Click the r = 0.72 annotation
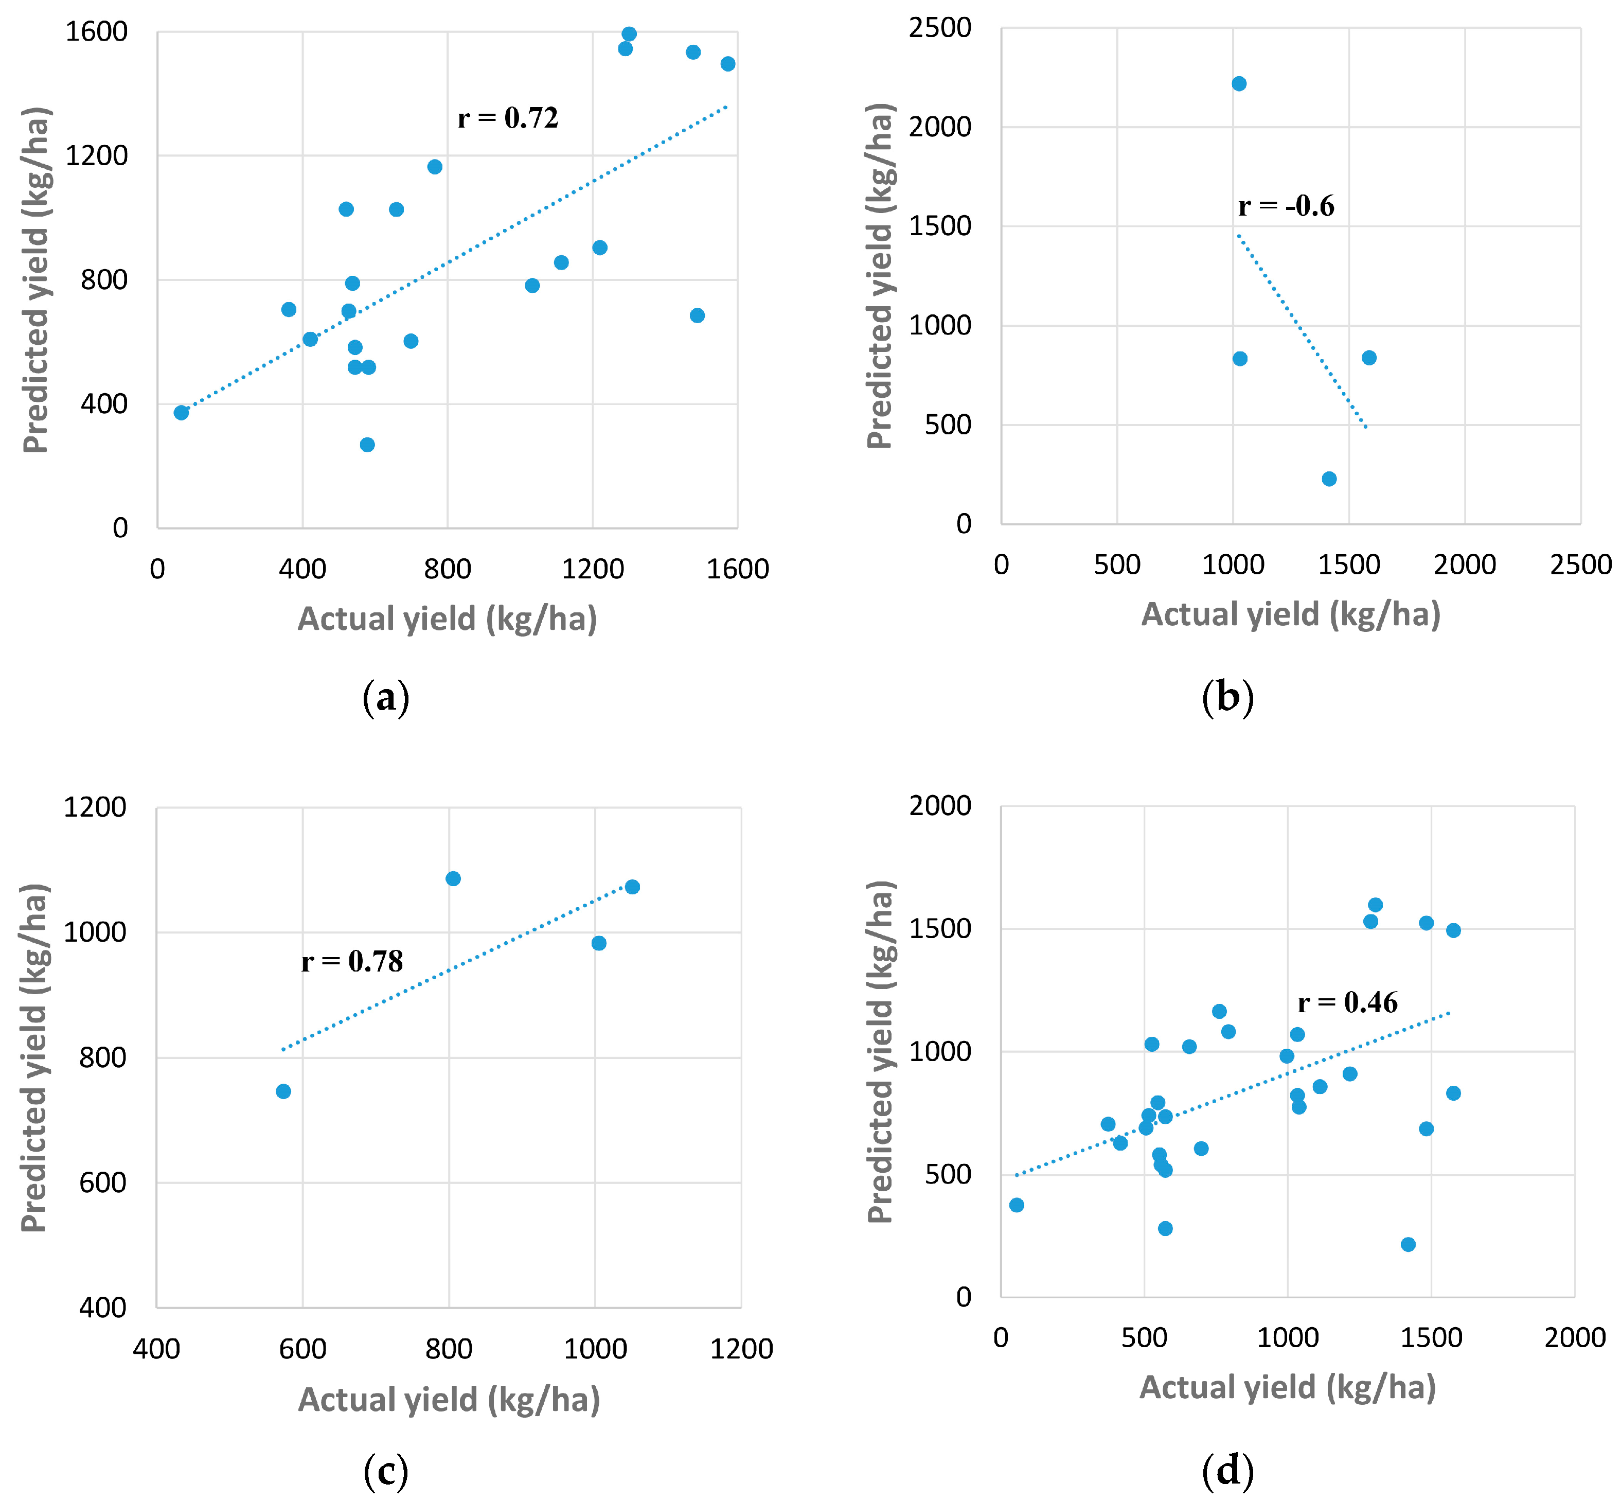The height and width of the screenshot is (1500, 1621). point(508,118)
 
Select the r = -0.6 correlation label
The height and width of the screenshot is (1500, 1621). point(1286,206)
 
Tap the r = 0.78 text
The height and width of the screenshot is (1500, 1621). point(352,962)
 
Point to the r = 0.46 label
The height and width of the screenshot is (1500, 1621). point(1348,1003)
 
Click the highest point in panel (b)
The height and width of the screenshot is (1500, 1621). point(1239,83)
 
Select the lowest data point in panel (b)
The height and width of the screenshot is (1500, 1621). point(1329,479)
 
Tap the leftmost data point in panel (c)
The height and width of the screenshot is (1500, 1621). point(283,1092)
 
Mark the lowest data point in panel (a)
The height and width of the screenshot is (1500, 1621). point(367,445)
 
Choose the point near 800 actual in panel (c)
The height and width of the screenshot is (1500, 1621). point(453,879)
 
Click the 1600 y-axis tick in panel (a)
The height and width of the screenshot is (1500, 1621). point(97,32)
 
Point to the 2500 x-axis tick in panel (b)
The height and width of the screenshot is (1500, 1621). point(1580,565)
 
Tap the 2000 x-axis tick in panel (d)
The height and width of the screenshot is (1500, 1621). point(1575,1338)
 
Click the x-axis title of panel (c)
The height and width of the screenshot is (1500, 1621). point(449,1400)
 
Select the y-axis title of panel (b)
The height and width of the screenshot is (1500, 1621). point(880,276)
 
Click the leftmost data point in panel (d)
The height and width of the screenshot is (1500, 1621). point(1017,1205)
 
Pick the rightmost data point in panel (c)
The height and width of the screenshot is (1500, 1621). point(632,887)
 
